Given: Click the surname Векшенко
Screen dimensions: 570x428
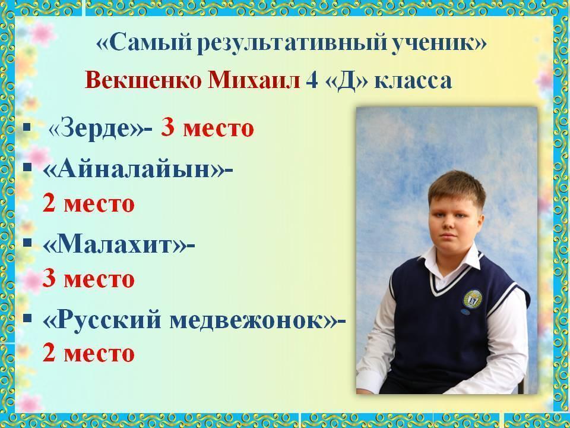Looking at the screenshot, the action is coord(143,80).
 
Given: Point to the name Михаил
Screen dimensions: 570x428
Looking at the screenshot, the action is coord(254,80).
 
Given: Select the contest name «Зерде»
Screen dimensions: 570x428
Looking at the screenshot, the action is coord(97,129).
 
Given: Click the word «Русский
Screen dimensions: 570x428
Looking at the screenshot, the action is coord(102,320).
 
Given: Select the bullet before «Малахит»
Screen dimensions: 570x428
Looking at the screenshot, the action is coord(27,243).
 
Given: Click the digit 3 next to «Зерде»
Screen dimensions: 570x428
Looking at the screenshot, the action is coord(167,128).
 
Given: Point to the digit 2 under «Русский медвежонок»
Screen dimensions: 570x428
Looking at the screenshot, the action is coord(49,353).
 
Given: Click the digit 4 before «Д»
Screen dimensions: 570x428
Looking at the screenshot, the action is coord(312,81).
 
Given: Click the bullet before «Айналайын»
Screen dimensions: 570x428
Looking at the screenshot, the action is coord(27,167).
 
